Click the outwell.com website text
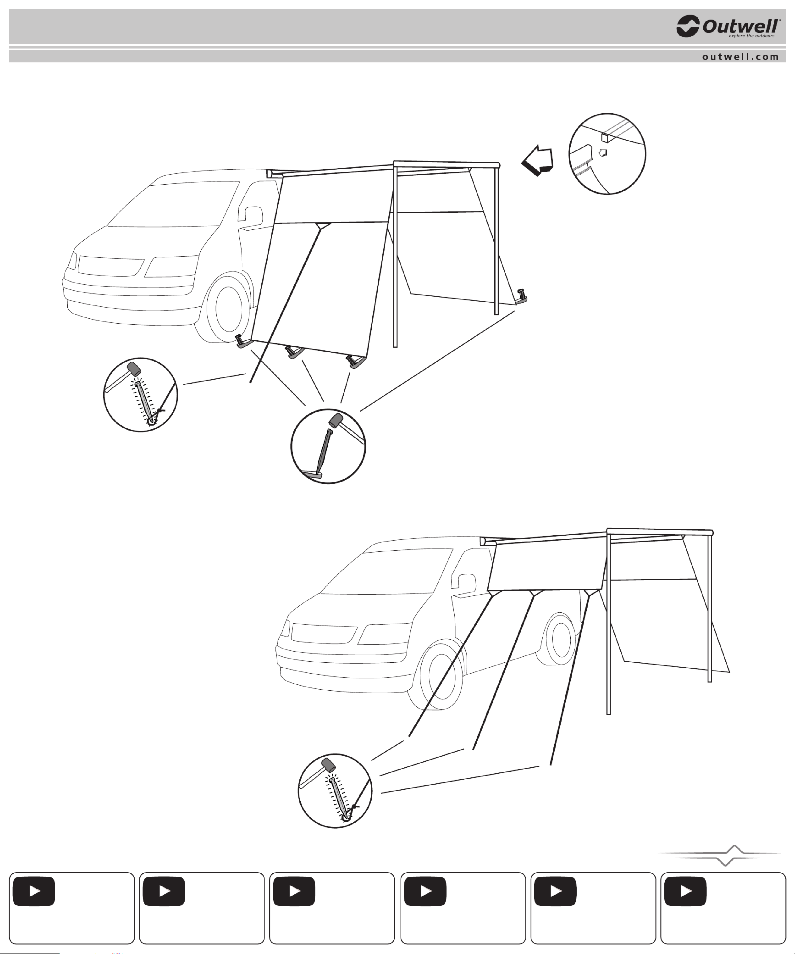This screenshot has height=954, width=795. [x=740, y=57]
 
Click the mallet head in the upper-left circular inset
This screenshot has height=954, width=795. [x=134, y=368]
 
